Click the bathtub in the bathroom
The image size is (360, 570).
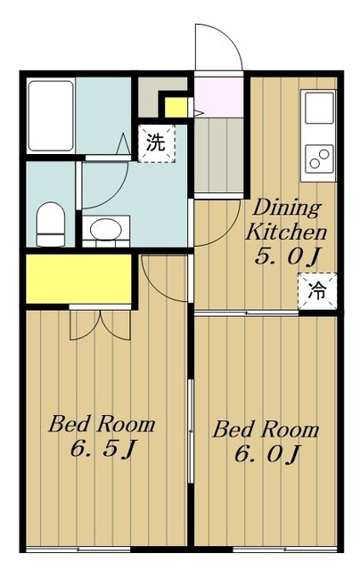tap(52, 116)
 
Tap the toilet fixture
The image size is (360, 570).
tap(51, 224)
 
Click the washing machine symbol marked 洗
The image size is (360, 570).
tap(157, 143)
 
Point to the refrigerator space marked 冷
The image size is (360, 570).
tap(317, 291)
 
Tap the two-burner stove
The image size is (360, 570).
tap(319, 159)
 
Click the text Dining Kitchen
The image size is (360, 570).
tap(287, 220)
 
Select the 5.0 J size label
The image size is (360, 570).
tap(287, 257)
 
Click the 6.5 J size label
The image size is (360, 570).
tap(102, 449)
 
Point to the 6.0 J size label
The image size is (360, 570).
tap(266, 453)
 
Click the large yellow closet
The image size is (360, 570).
tap(78, 279)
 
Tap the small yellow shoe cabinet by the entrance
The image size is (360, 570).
tap(176, 108)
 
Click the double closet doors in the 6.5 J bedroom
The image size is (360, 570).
tap(100, 325)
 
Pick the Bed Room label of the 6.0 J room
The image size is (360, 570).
tap(266, 429)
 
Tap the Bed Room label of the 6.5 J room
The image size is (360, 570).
tap(102, 424)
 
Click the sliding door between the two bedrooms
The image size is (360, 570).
tap(190, 431)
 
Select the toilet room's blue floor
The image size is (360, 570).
tap(51, 204)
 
